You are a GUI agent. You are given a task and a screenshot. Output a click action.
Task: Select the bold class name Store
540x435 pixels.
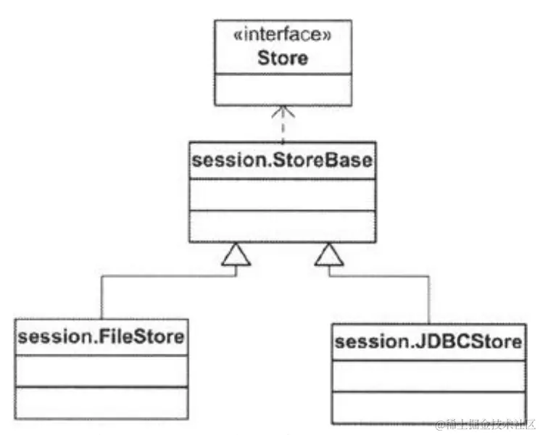(283, 58)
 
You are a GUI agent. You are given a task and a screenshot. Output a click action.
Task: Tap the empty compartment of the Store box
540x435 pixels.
(283, 88)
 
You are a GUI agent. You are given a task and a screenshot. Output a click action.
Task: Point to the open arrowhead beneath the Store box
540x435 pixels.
(283, 112)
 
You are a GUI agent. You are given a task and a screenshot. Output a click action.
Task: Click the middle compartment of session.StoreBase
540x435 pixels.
(283, 195)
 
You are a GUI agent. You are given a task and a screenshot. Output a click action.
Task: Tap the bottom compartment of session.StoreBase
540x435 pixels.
(283, 226)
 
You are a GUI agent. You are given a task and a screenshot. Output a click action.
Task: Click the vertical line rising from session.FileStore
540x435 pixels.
(101, 297)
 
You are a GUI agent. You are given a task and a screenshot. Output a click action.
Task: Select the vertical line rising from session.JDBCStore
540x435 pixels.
(429, 301)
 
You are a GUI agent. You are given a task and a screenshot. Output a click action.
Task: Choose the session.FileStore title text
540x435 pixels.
(101, 336)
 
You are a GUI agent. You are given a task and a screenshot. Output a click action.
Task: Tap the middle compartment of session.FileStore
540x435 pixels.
(101, 370)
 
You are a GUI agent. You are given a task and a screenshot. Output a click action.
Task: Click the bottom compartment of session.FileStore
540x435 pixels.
(101, 402)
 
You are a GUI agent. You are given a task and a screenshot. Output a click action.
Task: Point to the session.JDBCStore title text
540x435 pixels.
(428, 341)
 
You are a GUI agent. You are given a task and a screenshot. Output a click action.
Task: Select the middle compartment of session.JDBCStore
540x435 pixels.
(428, 375)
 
